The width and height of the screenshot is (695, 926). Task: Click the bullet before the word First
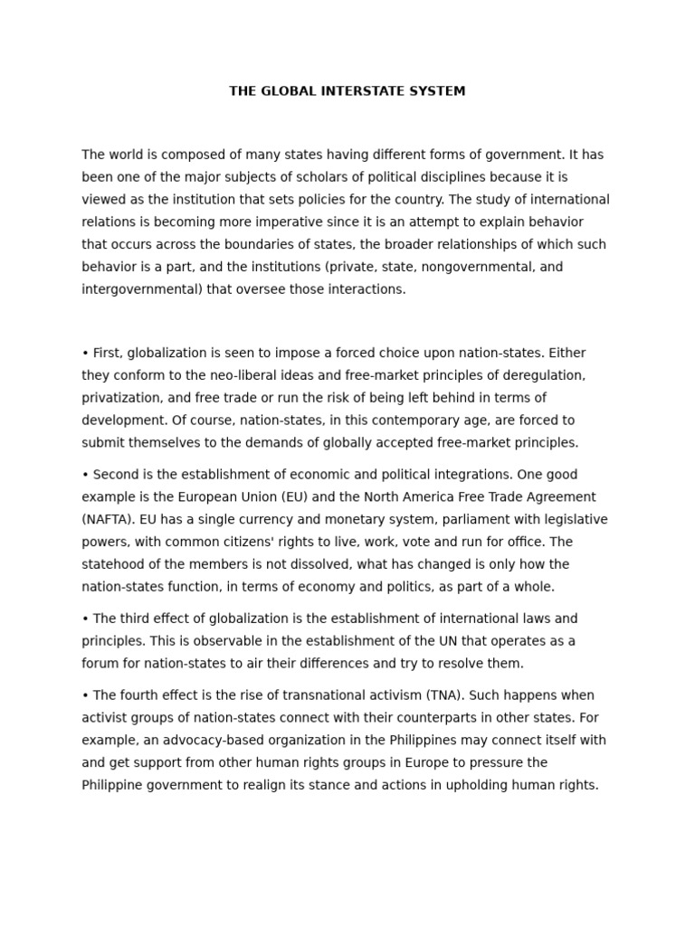click(85, 353)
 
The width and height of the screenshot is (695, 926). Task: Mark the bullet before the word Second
click(85, 475)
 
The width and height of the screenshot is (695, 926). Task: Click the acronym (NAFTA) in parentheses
click(107, 520)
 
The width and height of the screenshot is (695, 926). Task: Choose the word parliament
click(444, 520)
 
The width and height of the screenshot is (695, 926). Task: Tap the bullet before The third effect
click(85, 619)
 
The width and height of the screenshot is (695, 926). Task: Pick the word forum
click(100, 664)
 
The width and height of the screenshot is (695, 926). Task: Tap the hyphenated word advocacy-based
click(194, 741)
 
